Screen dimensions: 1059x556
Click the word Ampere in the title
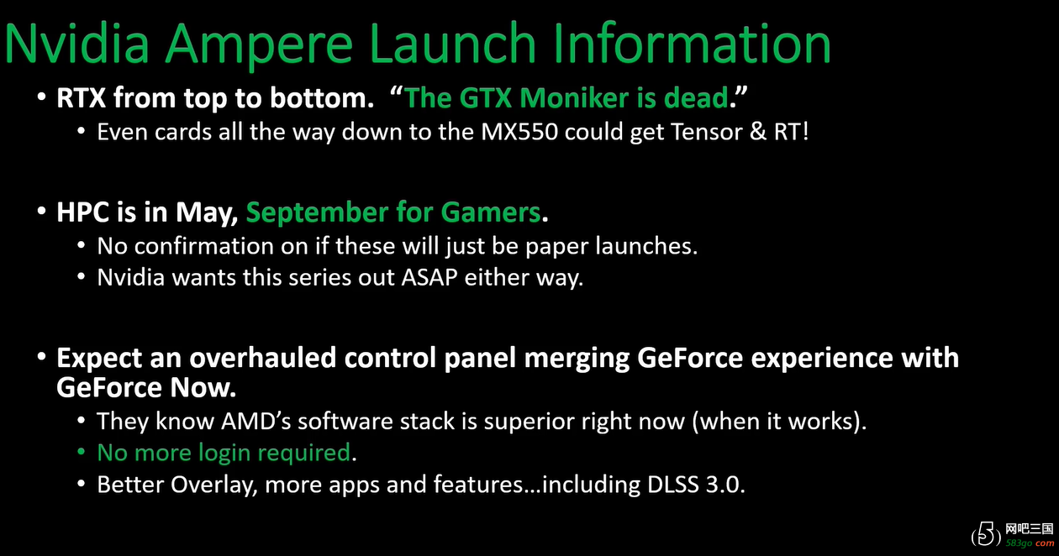pos(259,45)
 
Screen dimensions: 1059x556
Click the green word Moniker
pos(574,97)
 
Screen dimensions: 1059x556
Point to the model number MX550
pos(519,132)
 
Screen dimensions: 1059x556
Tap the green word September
pos(317,213)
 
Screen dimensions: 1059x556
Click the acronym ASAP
pos(429,277)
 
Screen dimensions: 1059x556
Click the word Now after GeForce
pos(203,388)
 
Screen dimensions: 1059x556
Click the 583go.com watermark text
pos(1030,543)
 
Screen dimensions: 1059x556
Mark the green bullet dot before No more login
pos(81,452)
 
